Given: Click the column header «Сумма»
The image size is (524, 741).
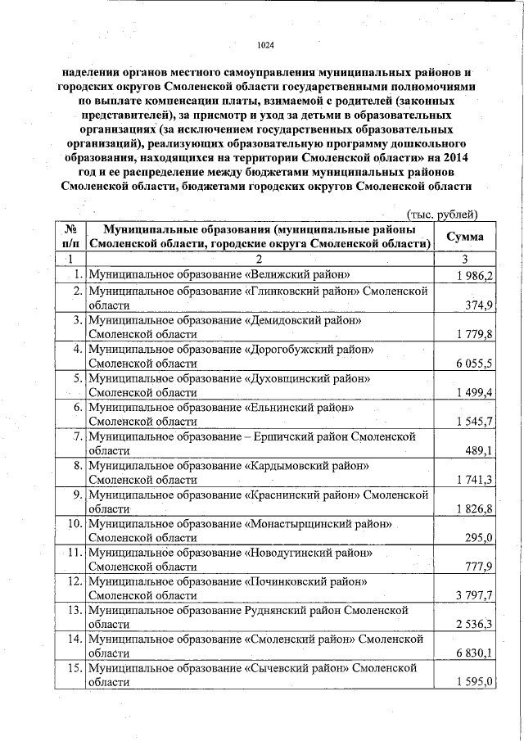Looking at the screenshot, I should [x=463, y=237].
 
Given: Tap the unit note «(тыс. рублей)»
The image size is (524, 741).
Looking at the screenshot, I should [x=442, y=214].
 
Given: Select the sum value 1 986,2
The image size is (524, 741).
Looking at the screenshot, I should [x=475, y=275].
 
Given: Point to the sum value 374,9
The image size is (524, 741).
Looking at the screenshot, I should [x=480, y=305].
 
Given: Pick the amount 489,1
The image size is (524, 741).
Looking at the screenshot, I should [x=480, y=451].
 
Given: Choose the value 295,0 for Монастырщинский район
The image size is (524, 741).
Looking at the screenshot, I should [x=480, y=538].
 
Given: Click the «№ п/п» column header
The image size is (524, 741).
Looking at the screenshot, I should [x=72, y=237].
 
